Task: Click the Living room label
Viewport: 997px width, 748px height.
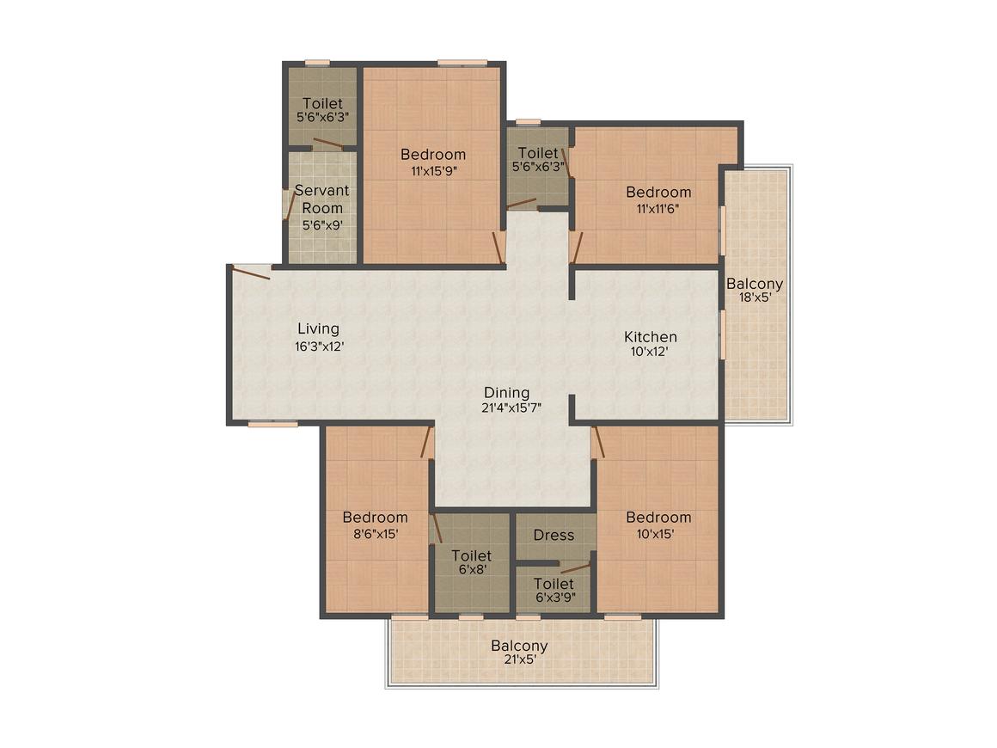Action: (x=319, y=328)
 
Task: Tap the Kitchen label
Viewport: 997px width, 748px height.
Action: (x=651, y=337)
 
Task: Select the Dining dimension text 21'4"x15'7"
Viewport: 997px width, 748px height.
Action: (x=511, y=408)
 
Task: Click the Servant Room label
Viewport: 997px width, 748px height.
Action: (x=322, y=199)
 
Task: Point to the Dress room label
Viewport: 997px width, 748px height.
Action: (x=554, y=536)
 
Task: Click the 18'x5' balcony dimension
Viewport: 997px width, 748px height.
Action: (x=755, y=297)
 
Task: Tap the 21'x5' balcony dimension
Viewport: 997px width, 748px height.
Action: (x=519, y=659)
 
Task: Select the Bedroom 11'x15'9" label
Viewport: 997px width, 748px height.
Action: (x=433, y=162)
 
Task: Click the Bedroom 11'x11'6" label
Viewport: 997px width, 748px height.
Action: (x=658, y=199)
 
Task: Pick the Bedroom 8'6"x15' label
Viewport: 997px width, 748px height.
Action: (x=375, y=525)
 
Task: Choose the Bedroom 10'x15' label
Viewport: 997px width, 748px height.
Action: (x=658, y=525)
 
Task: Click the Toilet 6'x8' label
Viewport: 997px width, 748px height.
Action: (x=472, y=562)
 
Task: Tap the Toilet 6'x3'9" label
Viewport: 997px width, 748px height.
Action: (x=554, y=591)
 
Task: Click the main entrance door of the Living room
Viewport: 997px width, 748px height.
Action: (x=251, y=272)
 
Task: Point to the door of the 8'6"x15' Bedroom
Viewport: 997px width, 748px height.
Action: (x=426, y=442)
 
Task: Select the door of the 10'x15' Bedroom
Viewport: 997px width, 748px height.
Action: (x=597, y=442)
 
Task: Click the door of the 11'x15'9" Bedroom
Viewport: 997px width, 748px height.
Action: (x=499, y=247)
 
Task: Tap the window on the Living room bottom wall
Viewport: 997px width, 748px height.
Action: (x=272, y=423)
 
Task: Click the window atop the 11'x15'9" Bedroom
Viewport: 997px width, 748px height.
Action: (x=462, y=63)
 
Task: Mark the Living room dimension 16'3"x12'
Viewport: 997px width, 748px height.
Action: (x=319, y=346)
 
